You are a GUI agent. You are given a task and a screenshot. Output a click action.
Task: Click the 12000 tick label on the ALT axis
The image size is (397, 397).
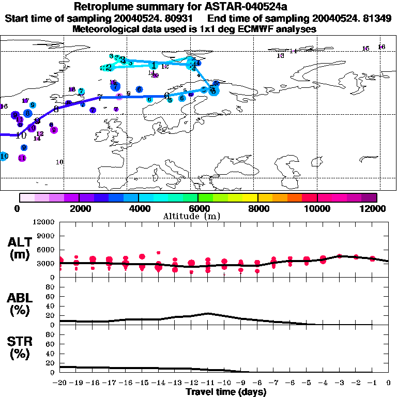tap(44, 222)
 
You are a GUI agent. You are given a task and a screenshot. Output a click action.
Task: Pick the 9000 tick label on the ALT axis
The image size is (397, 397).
tap(47, 236)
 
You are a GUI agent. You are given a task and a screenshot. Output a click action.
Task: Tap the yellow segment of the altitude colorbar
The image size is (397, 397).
tap(250, 197)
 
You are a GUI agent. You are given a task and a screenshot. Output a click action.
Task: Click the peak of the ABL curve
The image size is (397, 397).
tap(208, 313)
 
